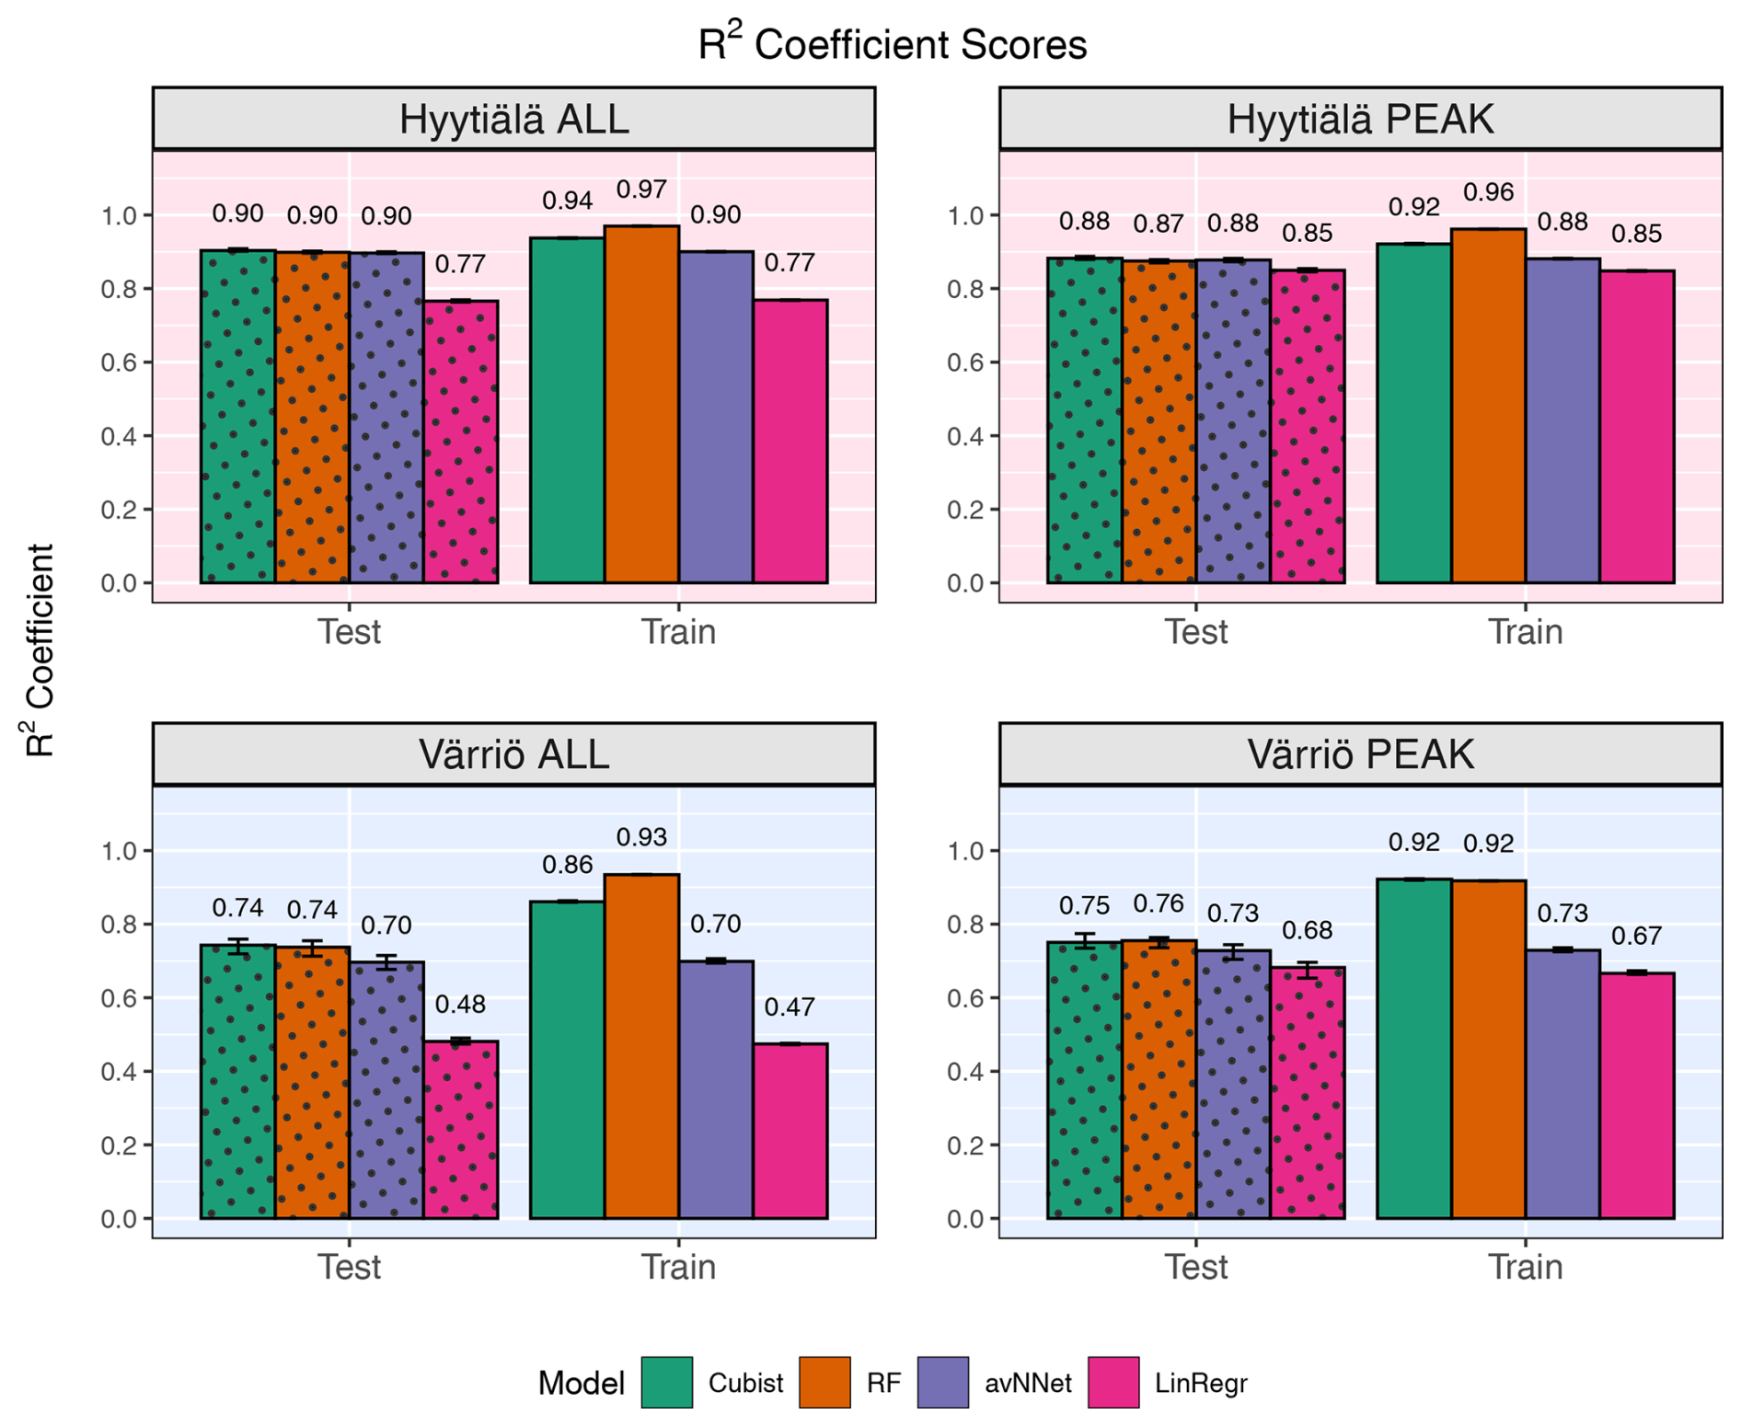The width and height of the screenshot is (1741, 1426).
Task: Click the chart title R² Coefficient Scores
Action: (x=892, y=44)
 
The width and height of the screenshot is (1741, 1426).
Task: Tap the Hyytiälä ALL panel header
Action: (x=513, y=120)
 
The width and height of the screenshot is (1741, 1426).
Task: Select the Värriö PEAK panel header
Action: (x=1360, y=754)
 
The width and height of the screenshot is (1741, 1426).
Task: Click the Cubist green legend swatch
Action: (x=666, y=1382)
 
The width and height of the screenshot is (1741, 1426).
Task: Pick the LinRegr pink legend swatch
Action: (x=1113, y=1382)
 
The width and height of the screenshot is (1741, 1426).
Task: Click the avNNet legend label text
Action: (x=1028, y=1383)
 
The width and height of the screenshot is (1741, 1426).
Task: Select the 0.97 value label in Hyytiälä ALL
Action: (x=641, y=190)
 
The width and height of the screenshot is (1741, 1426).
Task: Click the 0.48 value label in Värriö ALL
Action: (x=460, y=1004)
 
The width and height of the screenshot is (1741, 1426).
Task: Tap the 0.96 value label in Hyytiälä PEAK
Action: (x=1488, y=192)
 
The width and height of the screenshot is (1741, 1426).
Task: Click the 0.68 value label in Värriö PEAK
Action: (x=1307, y=930)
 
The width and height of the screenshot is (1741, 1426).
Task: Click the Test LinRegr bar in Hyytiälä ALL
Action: (x=460, y=442)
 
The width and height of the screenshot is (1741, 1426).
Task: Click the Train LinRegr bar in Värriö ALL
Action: (x=790, y=1131)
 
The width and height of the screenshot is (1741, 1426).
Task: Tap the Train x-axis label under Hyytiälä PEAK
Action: (x=1525, y=632)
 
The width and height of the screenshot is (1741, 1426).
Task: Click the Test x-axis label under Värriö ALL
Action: (x=349, y=1267)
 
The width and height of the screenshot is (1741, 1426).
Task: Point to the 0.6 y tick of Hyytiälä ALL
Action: (x=119, y=362)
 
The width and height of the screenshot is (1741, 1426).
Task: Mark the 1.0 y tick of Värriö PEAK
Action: (x=965, y=851)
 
